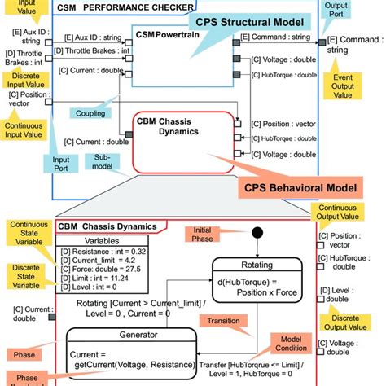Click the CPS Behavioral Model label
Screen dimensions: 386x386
point(300,187)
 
